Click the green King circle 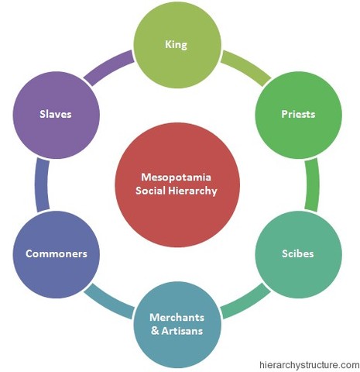tap(177, 45)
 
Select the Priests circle tap(298, 114)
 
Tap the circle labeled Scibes tap(298, 253)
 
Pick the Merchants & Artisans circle tap(177, 323)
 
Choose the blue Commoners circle tap(56, 253)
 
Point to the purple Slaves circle tap(56, 114)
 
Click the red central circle tap(177, 184)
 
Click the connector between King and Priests tap(244, 66)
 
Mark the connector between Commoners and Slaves tap(41, 184)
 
